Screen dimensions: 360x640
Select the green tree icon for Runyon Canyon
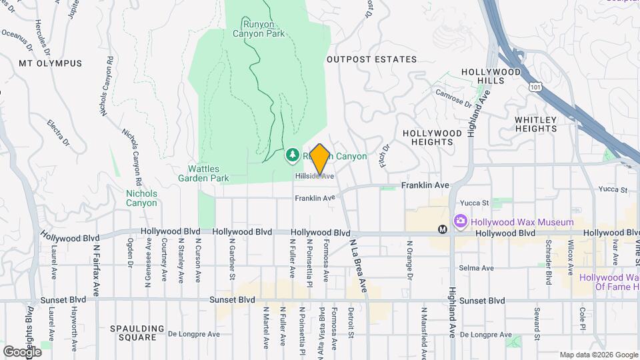coord(292,156)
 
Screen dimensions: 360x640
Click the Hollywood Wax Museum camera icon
coord(460,221)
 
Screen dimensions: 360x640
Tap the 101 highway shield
coord(535,87)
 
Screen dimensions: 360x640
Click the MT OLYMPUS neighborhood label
coord(51,63)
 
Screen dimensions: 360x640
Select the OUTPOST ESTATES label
coord(371,59)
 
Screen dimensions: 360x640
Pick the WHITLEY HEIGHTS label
coord(535,125)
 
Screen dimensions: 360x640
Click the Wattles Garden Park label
coord(204,173)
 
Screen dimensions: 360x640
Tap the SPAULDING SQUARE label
coord(137,333)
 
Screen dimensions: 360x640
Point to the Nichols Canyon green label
coord(141,198)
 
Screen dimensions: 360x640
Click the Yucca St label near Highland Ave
coord(476,203)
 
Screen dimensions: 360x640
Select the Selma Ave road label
coord(476,268)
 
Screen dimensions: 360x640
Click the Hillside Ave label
coord(315,176)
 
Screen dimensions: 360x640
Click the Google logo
coord(22,351)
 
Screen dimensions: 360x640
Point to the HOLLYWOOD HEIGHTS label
coord(432,137)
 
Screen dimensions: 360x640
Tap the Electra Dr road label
coord(59,132)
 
